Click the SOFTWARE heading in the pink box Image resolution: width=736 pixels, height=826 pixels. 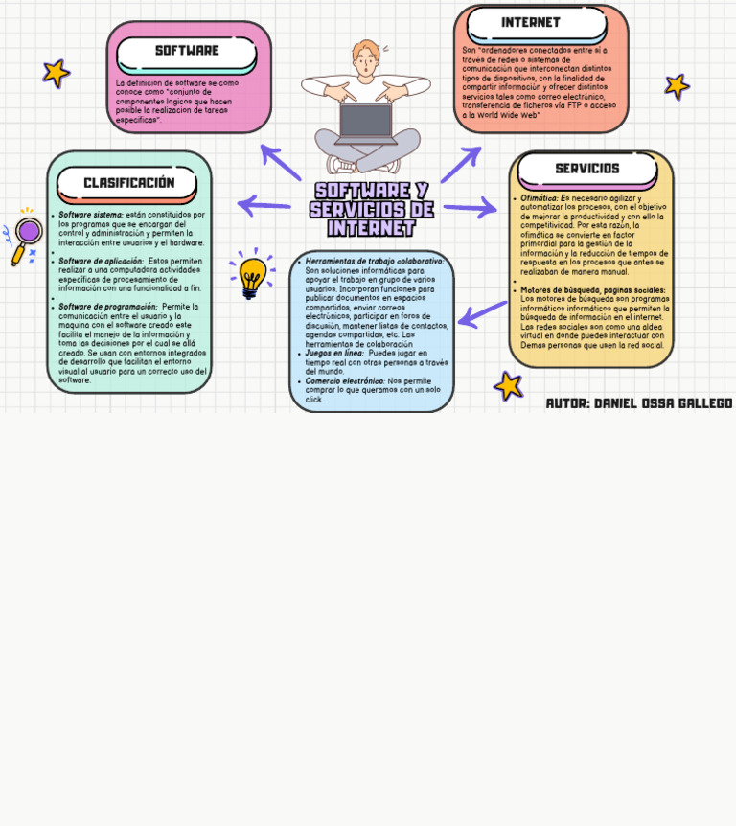pyautogui.click(x=187, y=51)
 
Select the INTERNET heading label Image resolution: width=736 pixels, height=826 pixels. pyautogui.click(x=530, y=23)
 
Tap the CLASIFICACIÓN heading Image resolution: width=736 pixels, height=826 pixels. pyautogui.click(x=128, y=183)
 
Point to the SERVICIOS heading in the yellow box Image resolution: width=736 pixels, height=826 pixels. pyautogui.click(x=586, y=169)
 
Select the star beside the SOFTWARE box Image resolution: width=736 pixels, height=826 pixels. pyautogui.click(x=56, y=73)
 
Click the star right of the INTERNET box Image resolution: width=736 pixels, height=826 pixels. pyautogui.click(x=677, y=86)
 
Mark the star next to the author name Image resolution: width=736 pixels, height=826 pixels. pyautogui.click(x=508, y=386)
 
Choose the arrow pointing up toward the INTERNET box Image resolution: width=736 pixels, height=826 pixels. pyautogui.click(x=461, y=164)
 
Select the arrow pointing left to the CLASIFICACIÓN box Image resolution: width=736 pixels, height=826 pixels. pyautogui.click(x=264, y=205)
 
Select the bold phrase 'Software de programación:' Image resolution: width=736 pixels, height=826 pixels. pyautogui.click(x=107, y=307)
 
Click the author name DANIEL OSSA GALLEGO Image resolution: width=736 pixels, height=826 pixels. pyautogui.click(x=662, y=403)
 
